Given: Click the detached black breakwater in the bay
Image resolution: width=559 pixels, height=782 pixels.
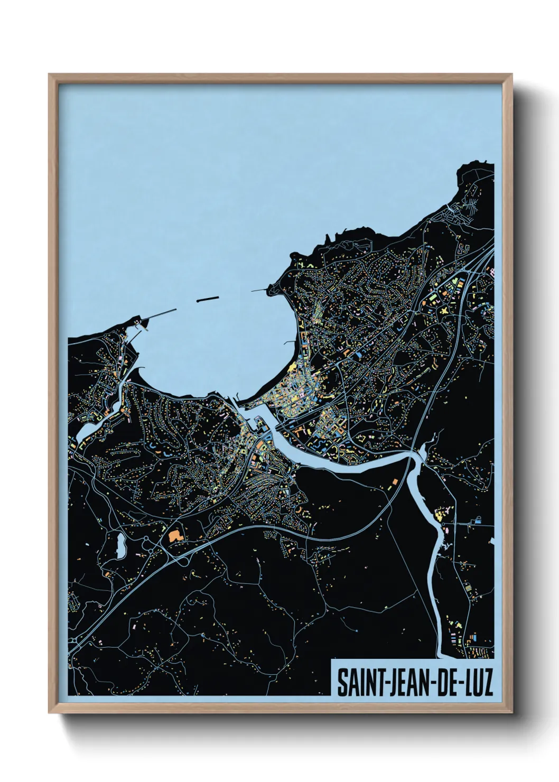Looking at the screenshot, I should point(207,299).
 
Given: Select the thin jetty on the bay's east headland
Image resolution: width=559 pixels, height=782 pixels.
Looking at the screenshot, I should point(260,290).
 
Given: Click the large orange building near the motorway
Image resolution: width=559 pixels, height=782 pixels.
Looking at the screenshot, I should point(174,535).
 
